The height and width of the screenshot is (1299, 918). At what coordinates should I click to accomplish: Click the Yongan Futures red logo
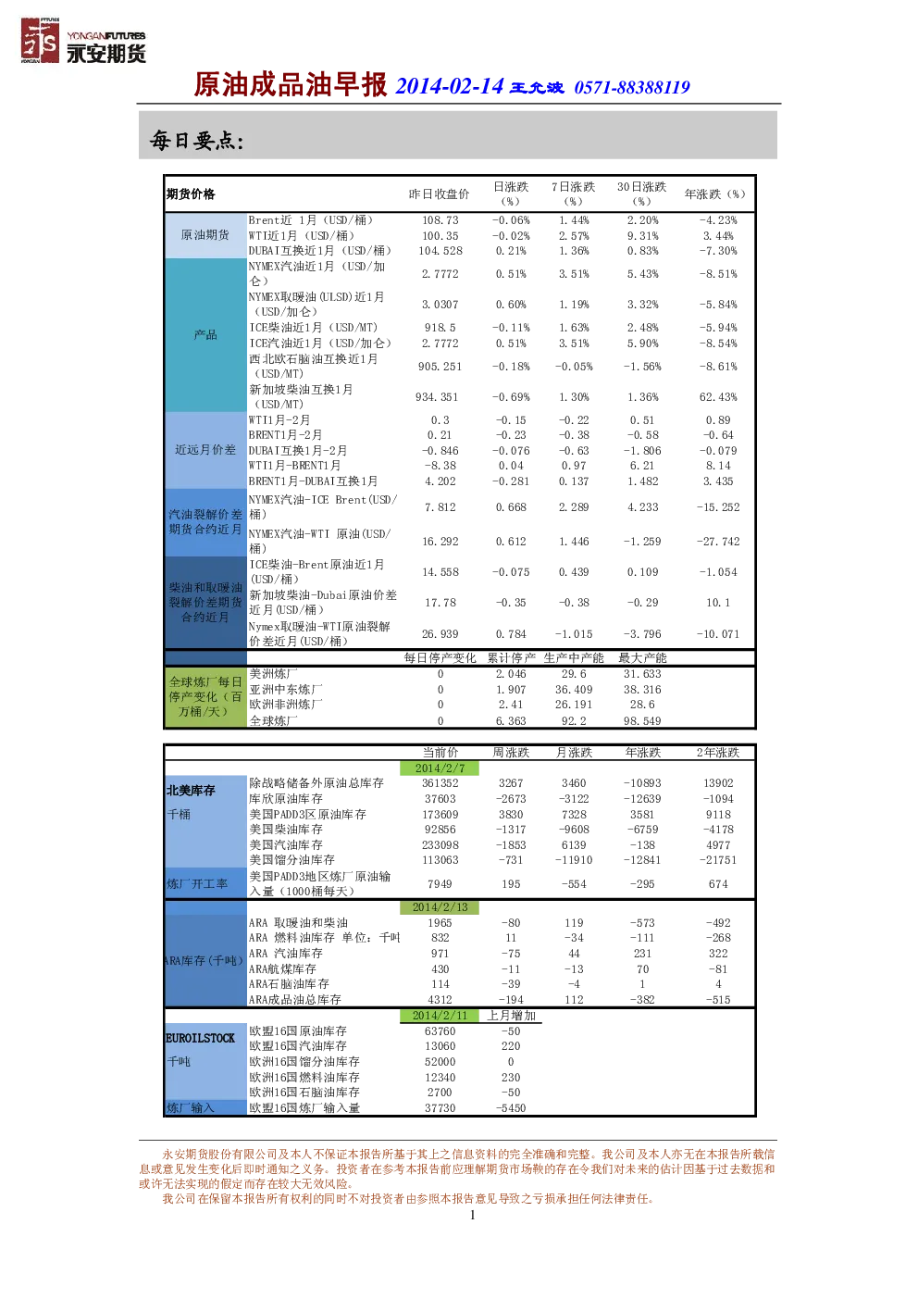40,40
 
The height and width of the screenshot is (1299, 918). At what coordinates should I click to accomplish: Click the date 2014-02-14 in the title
449,86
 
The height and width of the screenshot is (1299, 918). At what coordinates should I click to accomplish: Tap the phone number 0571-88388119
632,88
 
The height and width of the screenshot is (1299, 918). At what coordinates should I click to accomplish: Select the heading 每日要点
196,140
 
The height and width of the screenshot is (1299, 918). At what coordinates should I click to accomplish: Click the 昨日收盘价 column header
439,194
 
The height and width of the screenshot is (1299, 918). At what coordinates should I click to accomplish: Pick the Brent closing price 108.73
440,220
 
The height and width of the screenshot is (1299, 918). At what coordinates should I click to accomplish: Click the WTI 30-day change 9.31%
642,236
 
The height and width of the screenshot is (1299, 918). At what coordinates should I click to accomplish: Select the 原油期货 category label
205,234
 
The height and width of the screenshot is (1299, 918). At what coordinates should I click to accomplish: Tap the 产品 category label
205,334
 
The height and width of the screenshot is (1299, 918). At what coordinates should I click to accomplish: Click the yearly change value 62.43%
718,397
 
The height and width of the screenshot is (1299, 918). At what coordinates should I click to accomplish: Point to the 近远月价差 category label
205,449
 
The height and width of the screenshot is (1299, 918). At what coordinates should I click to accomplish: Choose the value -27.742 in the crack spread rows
718,542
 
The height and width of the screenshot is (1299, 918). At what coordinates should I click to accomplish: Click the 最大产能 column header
642,657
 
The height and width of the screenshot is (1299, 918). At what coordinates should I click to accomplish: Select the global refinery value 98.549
642,721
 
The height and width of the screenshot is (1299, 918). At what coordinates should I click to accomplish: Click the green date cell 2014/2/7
440,768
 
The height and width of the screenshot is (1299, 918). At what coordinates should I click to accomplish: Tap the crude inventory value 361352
440,783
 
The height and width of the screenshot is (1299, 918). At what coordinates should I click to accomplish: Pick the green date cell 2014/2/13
440,907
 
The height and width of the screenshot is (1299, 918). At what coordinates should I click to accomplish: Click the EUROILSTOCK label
200,1038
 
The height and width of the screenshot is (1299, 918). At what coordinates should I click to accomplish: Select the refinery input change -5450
511,1108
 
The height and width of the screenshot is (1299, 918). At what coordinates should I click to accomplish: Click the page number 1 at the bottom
473,1216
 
